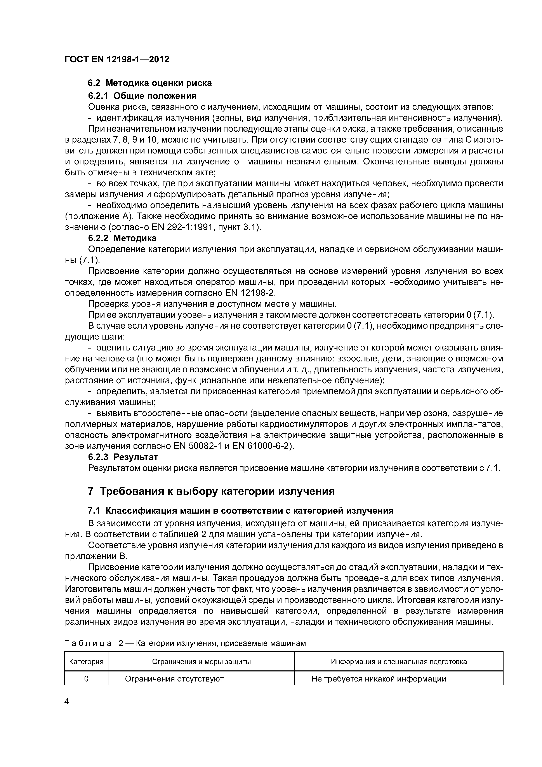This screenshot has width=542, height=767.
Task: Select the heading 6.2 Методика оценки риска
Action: point(150,83)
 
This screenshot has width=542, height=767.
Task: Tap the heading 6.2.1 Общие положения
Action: point(142,96)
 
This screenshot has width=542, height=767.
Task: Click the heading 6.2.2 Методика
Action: point(122,238)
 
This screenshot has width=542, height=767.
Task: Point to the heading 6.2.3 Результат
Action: point(123,457)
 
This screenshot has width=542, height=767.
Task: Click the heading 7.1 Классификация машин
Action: point(240,511)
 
